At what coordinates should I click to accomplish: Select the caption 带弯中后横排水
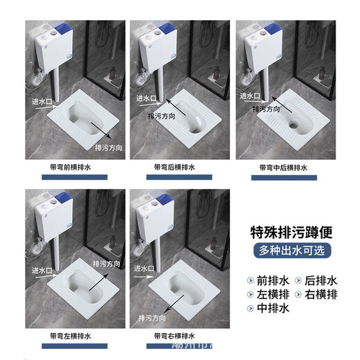coord(285,167)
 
